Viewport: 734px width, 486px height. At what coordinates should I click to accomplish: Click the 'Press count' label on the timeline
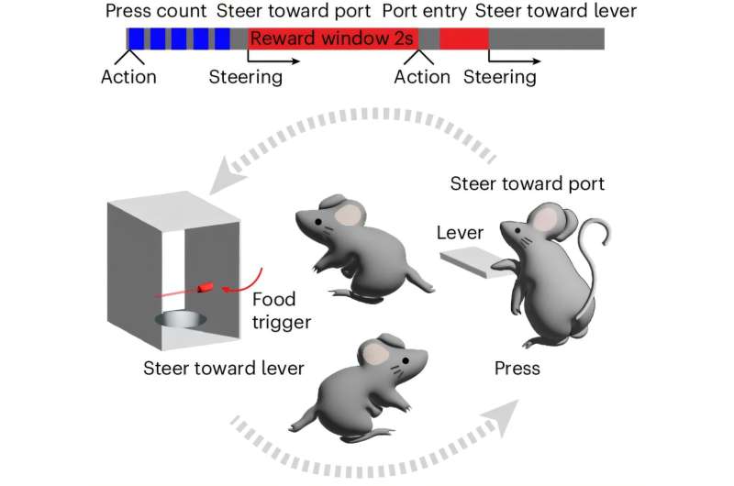click(156, 11)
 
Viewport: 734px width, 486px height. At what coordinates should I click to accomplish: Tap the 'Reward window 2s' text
click(332, 39)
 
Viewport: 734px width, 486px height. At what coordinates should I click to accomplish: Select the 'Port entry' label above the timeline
click(424, 11)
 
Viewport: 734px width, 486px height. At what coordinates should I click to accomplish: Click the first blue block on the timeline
click(136, 39)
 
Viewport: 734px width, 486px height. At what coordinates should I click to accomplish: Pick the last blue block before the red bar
click(222, 39)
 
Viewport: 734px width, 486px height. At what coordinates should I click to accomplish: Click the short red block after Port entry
click(464, 39)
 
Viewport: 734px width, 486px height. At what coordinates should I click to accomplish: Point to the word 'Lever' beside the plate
click(460, 233)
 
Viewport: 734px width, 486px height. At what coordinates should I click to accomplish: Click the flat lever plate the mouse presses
click(473, 264)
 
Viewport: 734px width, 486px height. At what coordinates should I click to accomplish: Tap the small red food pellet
click(206, 287)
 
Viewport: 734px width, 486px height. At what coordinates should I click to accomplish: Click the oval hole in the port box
click(181, 320)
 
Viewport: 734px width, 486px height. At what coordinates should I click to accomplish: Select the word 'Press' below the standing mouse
click(517, 368)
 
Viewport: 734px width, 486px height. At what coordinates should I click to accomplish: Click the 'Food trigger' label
click(281, 310)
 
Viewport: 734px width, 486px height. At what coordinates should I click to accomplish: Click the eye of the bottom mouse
click(405, 360)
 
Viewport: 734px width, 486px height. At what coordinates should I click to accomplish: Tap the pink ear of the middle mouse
click(349, 215)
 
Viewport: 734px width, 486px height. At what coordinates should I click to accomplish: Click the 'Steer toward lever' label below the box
click(224, 368)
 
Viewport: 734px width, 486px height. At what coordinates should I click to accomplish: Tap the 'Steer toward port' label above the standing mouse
click(527, 183)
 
